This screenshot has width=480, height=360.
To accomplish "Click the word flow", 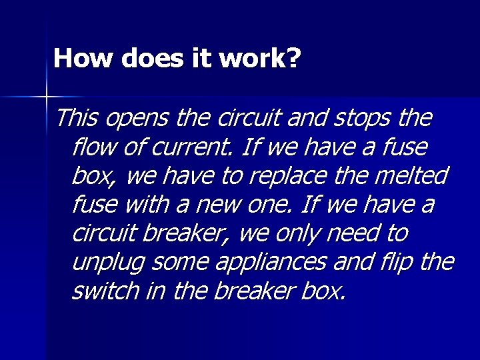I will point(94,147).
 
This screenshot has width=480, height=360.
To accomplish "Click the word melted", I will point(413,176).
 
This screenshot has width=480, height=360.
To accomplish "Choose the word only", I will point(293,234).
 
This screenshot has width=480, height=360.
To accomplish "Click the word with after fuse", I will point(137,205).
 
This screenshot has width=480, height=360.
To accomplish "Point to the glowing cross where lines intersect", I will point(47,97).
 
